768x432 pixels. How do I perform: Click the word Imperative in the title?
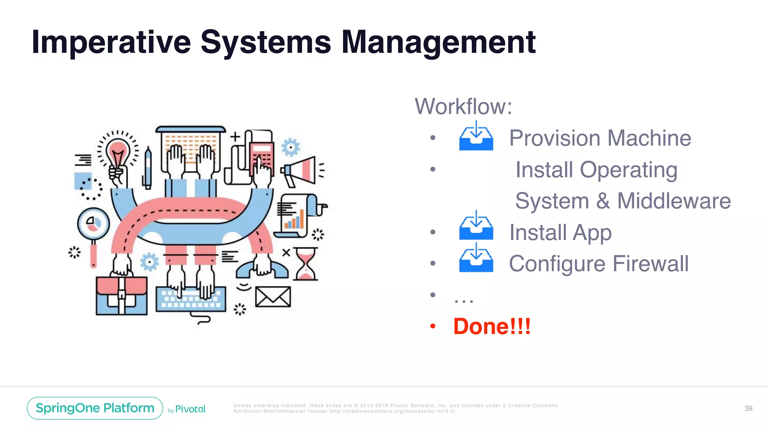click(111, 42)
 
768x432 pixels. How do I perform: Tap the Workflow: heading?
click(463, 106)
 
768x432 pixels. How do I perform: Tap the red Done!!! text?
click(492, 326)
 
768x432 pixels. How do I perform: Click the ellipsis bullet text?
click(463, 299)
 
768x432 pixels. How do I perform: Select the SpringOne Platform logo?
click(95, 408)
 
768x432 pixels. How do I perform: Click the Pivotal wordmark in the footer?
click(190, 409)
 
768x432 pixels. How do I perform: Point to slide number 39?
click(748, 408)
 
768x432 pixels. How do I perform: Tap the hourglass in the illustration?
click(306, 264)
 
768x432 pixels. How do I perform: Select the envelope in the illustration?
click(273, 297)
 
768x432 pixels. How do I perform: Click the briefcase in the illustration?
click(121, 295)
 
